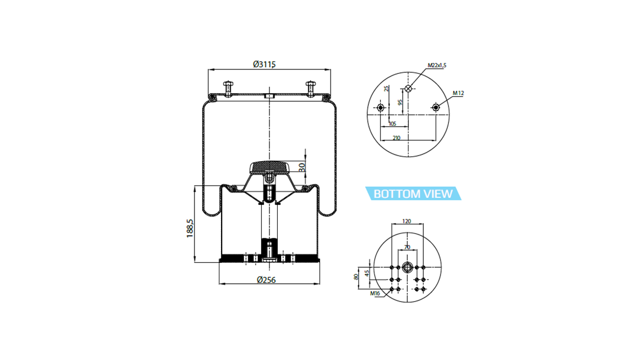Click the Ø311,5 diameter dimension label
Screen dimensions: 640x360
pos(264,64)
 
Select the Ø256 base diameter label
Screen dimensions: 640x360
pos(266,280)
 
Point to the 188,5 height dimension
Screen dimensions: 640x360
pos(190,228)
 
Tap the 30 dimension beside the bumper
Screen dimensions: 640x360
pos(302,167)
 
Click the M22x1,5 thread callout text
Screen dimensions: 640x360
pos(437,66)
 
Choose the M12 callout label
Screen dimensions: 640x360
pos(458,93)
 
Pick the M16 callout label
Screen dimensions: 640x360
pos(375,293)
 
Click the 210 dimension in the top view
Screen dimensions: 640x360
pos(396,138)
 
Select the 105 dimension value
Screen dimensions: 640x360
pos(392,124)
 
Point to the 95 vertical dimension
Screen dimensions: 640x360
pos(401,102)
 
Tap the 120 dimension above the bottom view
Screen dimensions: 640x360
pos(407,221)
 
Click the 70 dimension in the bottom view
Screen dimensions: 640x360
pos(407,247)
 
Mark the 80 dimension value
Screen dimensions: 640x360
pos(356,277)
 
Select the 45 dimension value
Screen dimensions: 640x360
pos(367,273)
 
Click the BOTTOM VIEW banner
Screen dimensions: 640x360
pos(413,193)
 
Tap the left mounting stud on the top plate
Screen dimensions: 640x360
pos(228,89)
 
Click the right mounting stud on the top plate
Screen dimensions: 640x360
pos(311,89)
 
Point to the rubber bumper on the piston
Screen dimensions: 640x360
pos(269,167)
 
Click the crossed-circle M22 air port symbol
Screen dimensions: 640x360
pos(408,88)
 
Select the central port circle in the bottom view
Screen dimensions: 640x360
pos(407,268)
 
